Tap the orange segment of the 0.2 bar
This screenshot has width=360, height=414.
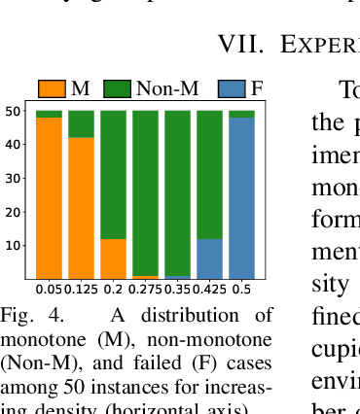(x=113, y=258)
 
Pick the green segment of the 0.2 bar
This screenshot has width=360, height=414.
(x=113, y=175)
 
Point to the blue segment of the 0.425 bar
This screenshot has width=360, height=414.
(x=209, y=258)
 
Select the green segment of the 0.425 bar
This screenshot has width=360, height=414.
(x=209, y=175)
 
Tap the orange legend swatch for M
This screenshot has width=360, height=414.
(x=52, y=89)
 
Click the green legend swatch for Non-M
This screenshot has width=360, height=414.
(x=118, y=89)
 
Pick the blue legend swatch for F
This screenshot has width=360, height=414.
(x=233, y=89)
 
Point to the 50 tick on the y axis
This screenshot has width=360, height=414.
(x=15, y=111)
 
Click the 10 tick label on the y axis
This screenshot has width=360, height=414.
(x=15, y=245)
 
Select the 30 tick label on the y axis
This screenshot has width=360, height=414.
(x=15, y=178)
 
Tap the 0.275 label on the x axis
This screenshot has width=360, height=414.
(x=145, y=289)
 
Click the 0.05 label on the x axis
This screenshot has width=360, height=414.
(x=49, y=289)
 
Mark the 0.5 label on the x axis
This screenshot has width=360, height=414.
(x=241, y=289)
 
